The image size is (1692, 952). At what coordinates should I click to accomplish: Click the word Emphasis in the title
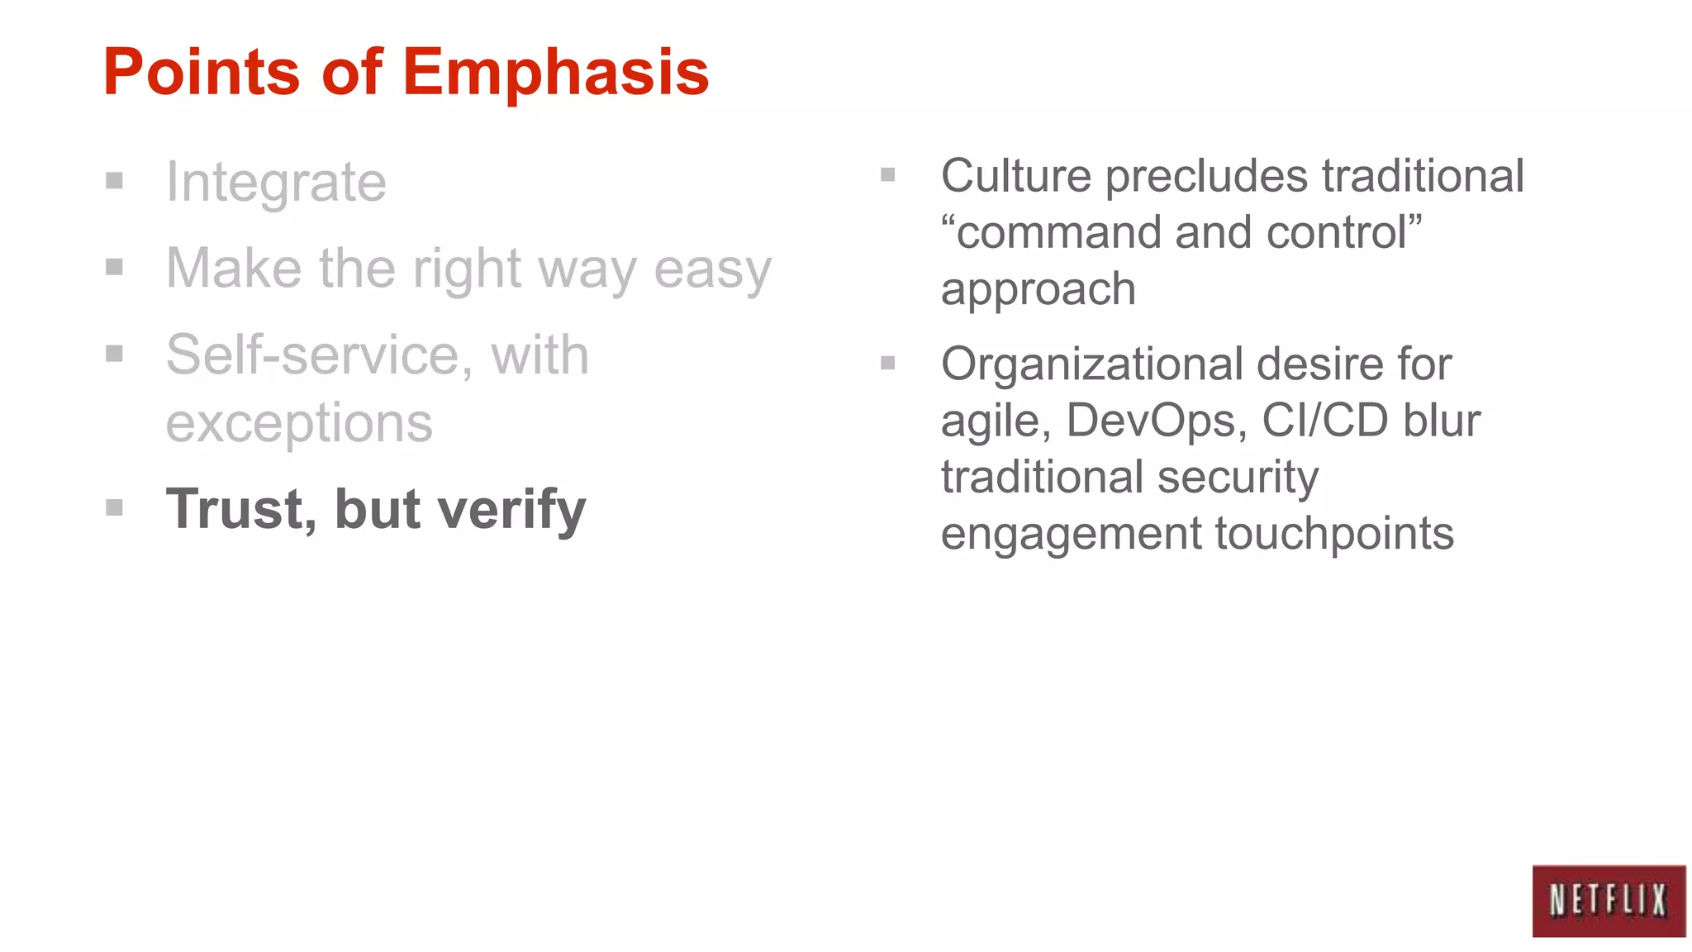click(555, 73)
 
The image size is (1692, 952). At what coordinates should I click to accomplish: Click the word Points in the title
click(201, 73)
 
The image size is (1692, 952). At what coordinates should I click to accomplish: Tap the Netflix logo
click(1608, 901)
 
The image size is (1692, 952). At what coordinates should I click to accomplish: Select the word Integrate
click(276, 183)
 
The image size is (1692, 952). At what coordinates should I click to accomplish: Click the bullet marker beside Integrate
click(115, 180)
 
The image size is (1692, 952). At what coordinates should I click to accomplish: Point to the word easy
click(712, 269)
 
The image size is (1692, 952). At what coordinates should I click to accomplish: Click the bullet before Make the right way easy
click(115, 267)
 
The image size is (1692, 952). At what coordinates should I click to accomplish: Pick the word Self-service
click(313, 355)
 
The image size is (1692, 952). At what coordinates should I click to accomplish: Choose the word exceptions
click(299, 423)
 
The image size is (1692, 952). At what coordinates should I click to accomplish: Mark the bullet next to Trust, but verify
click(115, 507)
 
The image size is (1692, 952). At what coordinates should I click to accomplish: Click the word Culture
click(1015, 176)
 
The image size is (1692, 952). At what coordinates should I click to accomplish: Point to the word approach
click(1038, 290)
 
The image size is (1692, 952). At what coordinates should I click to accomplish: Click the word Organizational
click(1091, 364)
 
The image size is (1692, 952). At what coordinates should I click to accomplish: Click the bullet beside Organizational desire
click(888, 363)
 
